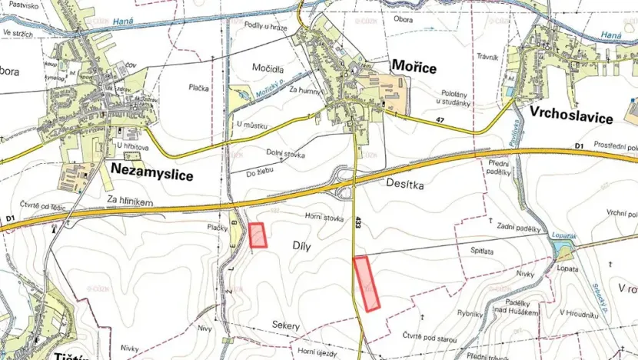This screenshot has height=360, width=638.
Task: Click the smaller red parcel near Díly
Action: point(258,235)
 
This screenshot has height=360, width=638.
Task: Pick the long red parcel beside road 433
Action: point(367,284)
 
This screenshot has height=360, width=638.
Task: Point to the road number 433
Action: point(358,224)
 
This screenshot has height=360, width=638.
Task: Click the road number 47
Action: point(440,121)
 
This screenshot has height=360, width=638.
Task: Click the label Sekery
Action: point(285,326)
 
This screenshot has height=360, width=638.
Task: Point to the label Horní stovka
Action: point(322,218)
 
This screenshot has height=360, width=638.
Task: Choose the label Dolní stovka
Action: point(285,155)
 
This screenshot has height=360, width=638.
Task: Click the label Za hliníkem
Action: point(132,202)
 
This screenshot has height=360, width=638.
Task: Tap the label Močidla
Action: point(269,68)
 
